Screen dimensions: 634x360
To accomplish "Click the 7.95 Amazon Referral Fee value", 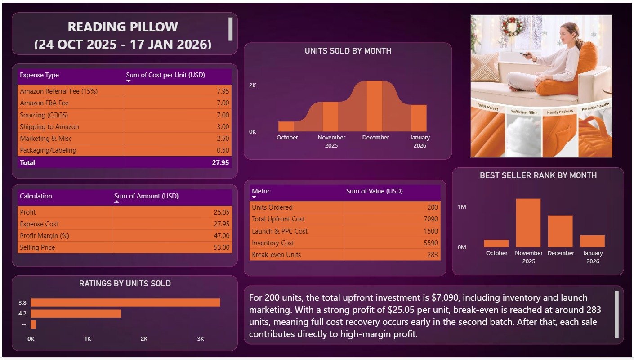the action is click(x=223, y=91).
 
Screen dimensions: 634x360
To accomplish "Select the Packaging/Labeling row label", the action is click(x=48, y=150).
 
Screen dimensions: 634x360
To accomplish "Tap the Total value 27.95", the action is click(x=220, y=163).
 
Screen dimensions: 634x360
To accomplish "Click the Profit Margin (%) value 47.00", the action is click(x=221, y=236).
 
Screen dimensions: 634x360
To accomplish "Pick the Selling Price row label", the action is click(x=37, y=247).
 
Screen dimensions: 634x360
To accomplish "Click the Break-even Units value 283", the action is click(x=432, y=255).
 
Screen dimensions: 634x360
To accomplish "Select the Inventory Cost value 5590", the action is click(x=430, y=243).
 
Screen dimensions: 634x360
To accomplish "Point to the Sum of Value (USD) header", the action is click(x=374, y=191).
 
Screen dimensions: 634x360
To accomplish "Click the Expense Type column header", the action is click(x=39, y=75).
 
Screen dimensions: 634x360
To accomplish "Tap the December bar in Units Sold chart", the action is click(x=375, y=106).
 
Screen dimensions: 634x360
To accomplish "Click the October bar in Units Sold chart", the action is click(x=286, y=126).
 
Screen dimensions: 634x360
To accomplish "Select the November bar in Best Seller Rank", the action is click(x=528, y=223).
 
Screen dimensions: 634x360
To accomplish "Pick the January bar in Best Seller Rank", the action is click(x=592, y=241).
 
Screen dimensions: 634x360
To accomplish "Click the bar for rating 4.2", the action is click(x=76, y=314).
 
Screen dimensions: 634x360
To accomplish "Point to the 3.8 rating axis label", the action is click(x=22, y=303).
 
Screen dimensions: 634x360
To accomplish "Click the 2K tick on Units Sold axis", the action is click(x=252, y=85).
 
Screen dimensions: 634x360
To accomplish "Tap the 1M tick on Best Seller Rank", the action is click(x=462, y=207).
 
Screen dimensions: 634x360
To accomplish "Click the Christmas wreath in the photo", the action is click(x=512, y=27).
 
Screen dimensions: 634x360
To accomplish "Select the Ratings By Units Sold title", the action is click(x=125, y=283).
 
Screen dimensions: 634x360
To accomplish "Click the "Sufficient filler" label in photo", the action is click(x=524, y=112).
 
